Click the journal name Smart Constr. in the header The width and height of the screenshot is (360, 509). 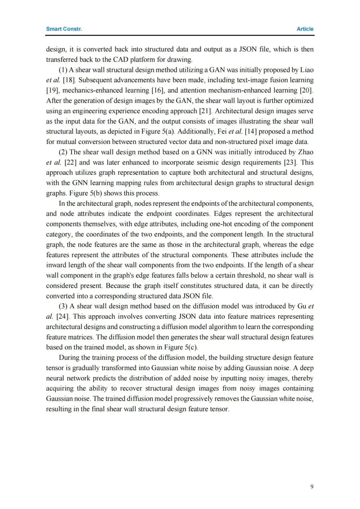64,29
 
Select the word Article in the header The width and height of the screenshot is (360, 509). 305,29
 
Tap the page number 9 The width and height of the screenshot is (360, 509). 312,486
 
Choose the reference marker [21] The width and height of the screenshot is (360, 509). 205,111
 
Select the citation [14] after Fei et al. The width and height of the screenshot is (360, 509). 251,132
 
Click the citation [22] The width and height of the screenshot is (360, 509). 70,162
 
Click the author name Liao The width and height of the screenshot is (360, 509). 307,70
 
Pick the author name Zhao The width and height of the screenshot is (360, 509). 306,152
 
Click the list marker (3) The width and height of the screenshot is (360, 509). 63,306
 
